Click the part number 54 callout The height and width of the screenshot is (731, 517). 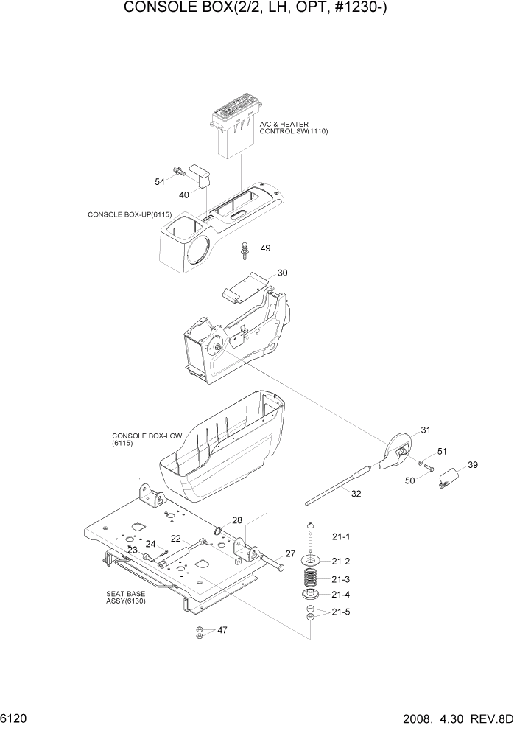159,181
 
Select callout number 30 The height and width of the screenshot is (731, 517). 282,273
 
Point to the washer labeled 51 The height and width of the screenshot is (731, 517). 421,464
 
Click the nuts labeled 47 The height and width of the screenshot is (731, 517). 199,631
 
